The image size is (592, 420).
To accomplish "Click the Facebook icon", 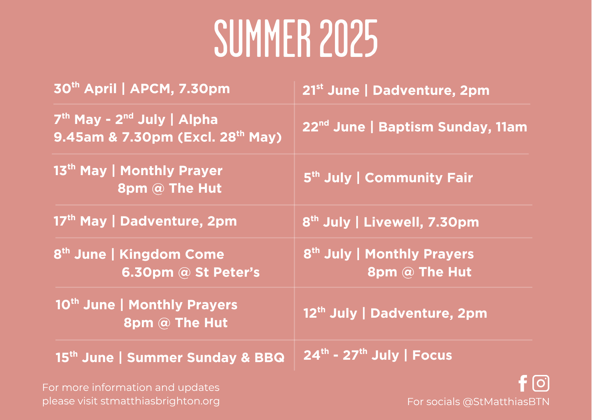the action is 523,383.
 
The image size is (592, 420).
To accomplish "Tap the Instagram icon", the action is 541,383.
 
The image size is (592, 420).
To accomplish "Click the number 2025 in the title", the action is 349,38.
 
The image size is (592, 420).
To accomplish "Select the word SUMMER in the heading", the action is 262,38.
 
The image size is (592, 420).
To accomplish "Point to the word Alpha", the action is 198,120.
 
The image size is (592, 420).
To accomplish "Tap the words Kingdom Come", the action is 172,254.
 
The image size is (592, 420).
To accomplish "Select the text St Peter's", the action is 227,272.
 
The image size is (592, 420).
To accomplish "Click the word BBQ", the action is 270,358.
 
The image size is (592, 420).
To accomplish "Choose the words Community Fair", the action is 419,178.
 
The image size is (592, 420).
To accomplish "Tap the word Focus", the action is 432,355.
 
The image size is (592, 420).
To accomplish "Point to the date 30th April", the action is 85,88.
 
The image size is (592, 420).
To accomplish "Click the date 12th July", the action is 330,313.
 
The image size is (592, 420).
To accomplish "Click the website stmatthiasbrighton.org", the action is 160,401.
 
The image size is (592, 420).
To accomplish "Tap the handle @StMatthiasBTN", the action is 506,402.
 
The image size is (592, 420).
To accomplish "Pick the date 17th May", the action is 80,221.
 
